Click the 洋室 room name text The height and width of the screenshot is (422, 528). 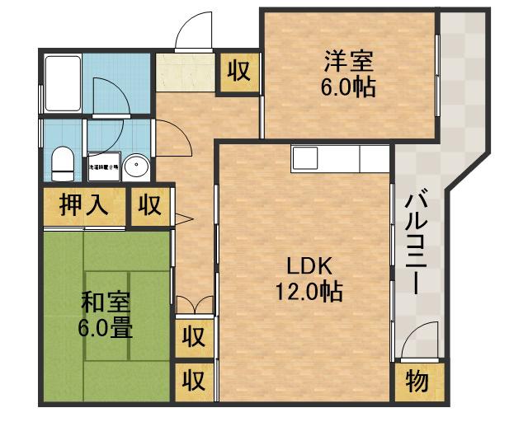[x=349, y=60]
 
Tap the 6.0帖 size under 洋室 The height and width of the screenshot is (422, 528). [x=349, y=87]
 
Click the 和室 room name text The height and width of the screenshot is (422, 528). [x=105, y=302]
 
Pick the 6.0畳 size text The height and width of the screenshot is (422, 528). [x=105, y=328]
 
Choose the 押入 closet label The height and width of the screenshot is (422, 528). [x=84, y=205]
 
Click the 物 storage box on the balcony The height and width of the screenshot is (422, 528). [x=417, y=382]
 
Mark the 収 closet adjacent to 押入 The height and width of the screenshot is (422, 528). [x=149, y=205]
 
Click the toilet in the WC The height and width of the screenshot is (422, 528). [x=62, y=162]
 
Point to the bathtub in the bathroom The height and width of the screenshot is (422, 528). [x=62, y=83]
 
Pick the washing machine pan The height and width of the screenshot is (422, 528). [x=104, y=166]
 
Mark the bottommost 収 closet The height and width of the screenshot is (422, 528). [x=194, y=381]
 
